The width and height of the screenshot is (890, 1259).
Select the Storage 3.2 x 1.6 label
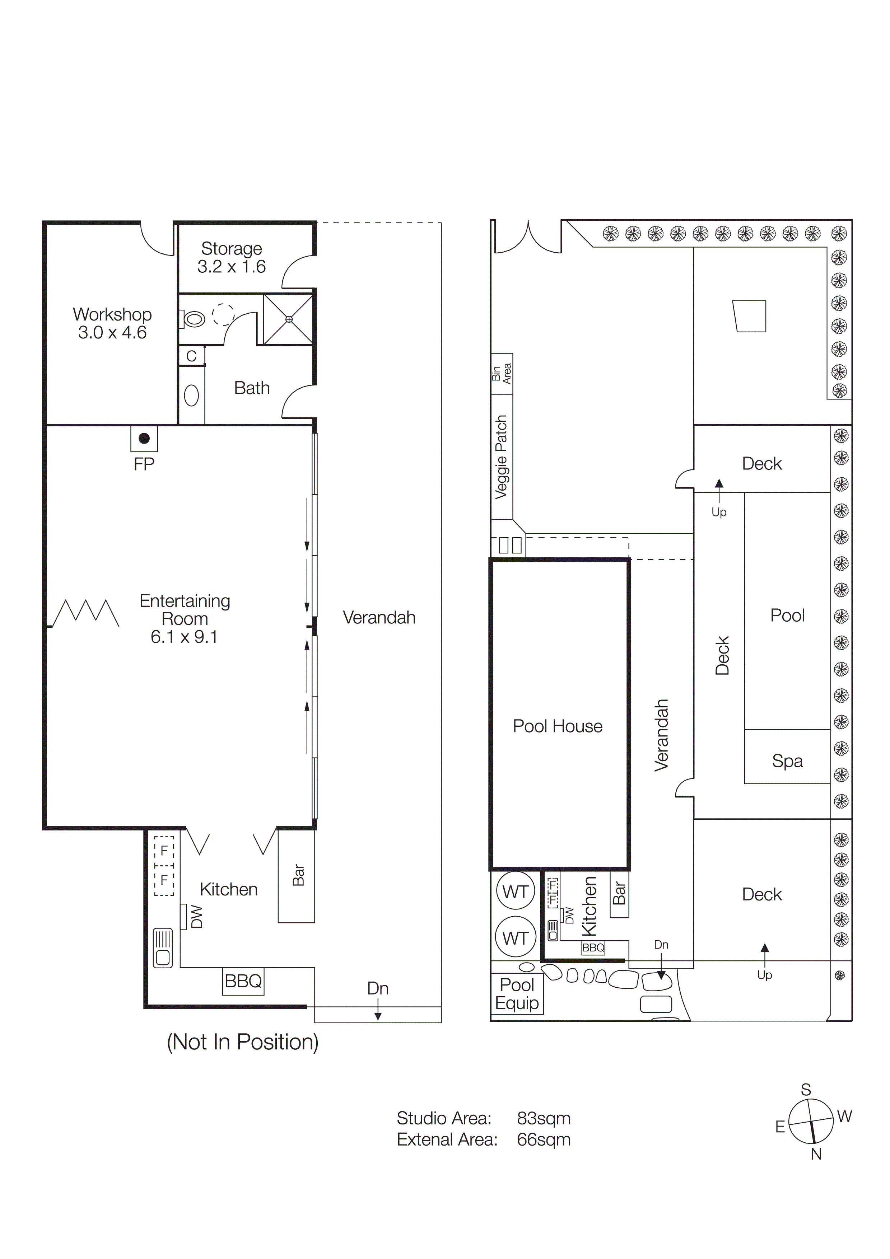click(x=232, y=257)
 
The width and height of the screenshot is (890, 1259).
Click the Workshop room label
click(x=112, y=323)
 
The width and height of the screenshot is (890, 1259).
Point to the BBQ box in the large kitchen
click(x=243, y=981)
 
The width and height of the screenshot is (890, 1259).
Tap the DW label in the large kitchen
click(x=196, y=917)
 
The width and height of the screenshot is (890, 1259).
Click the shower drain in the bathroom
click(x=289, y=319)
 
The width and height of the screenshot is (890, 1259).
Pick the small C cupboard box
click(x=191, y=356)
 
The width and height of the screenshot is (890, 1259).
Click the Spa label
click(x=787, y=761)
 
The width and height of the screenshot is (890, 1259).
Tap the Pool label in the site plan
click(x=787, y=615)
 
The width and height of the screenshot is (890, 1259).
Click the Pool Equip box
click(x=517, y=994)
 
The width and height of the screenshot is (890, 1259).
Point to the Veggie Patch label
click(x=501, y=457)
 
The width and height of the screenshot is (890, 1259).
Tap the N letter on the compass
click(x=816, y=1154)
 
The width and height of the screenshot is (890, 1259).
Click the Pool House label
click(x=557, y=726)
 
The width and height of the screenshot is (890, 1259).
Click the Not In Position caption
click(x=242, y=1042)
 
